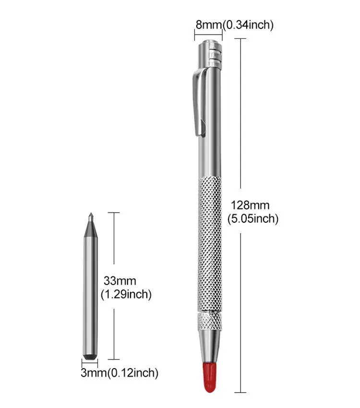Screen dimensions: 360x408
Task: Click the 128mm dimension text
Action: (x=250, y=205)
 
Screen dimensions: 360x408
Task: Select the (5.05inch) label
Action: (x=253, y=218)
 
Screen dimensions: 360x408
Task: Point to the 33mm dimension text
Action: (x=120, y=281)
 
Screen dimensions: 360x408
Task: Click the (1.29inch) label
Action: (x=126, y=294)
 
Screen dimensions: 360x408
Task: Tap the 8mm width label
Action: (x=209, y=25)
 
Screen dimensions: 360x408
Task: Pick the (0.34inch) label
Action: (x=248, y=25)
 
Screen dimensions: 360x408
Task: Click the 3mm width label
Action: (x=94, y=372)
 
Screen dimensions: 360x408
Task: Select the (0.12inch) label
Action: (x=132, y=372)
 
